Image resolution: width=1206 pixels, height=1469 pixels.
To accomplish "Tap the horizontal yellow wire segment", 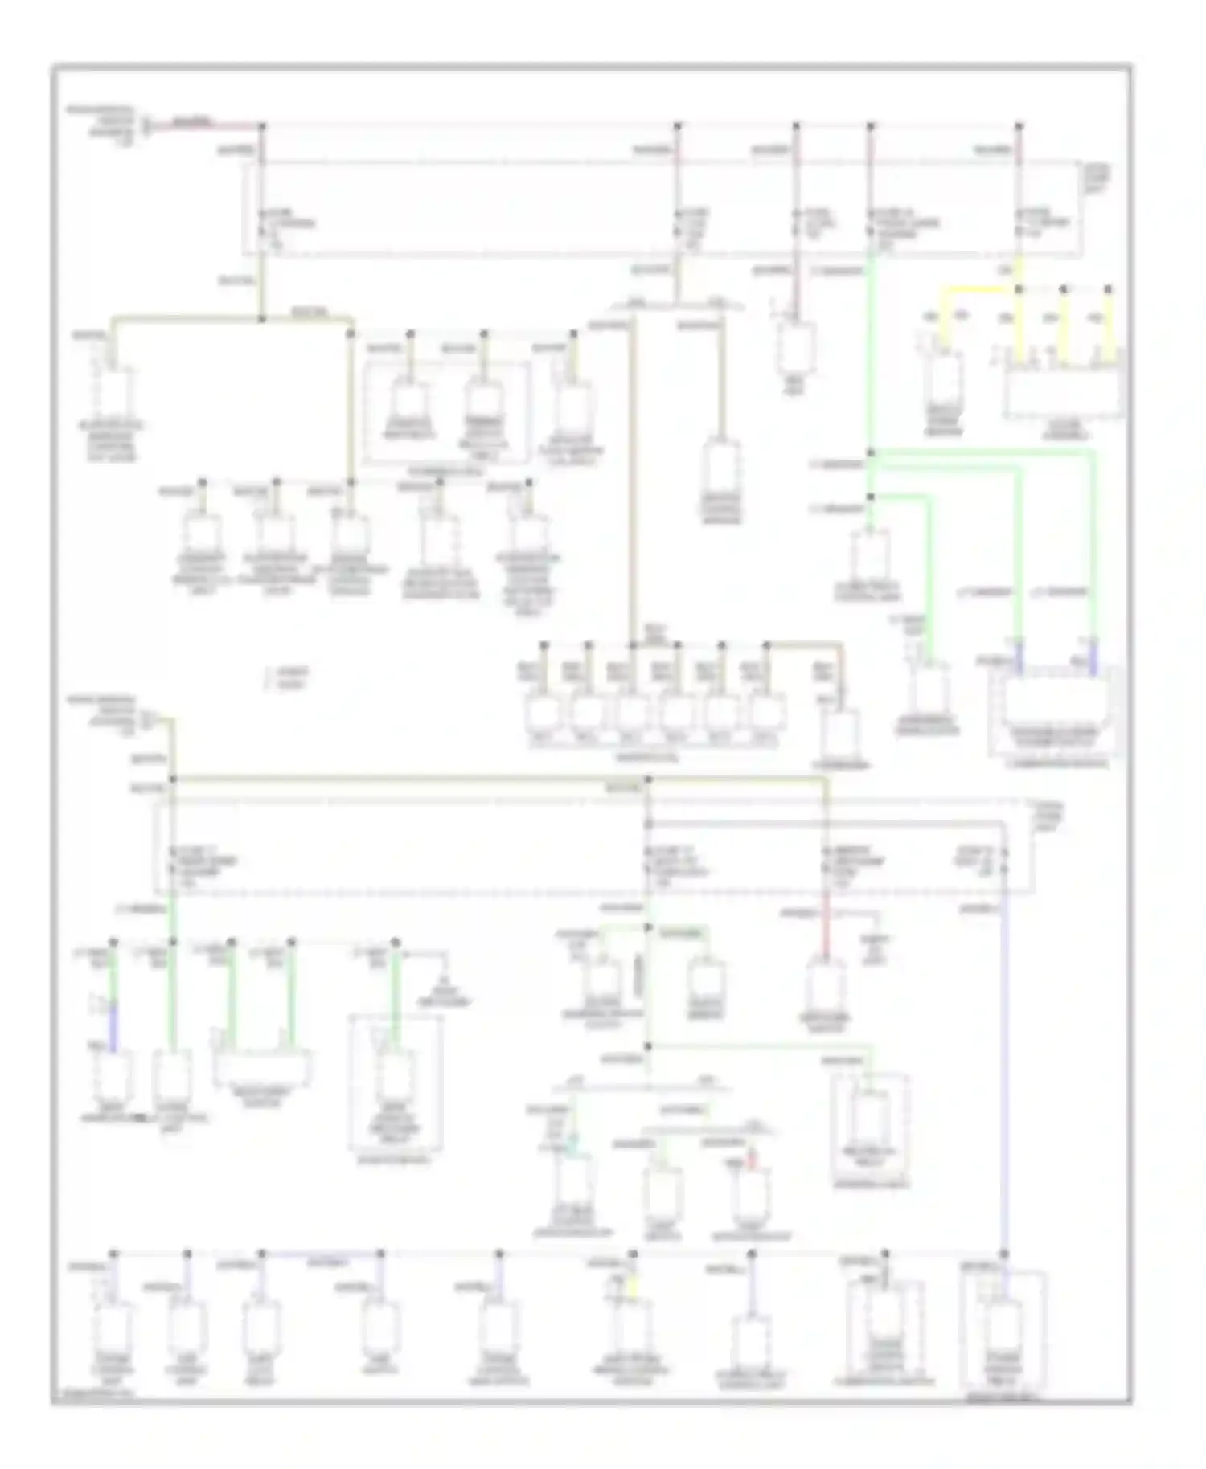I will (x=981, y=289).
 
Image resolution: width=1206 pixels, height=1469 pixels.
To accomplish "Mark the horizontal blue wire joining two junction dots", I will (x=322, y=1253).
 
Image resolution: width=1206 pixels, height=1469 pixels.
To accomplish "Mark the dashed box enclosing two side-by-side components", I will (x=447, y=411).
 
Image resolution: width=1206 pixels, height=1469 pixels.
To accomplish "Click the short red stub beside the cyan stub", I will (x=751, y=1158).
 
